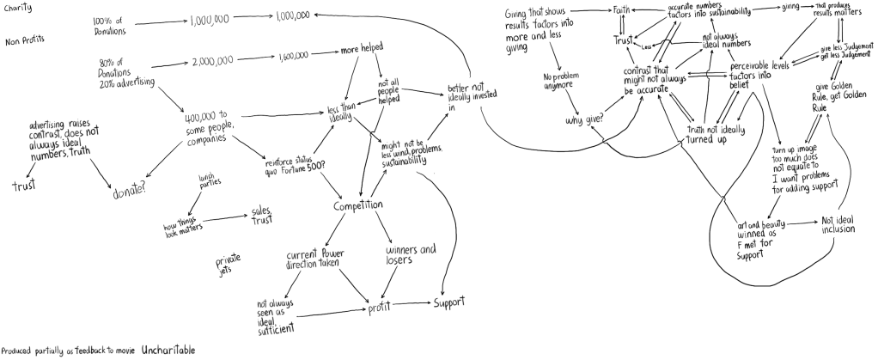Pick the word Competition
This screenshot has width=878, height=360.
(x=358, y=206)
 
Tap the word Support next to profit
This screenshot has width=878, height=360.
(x=448, y=303)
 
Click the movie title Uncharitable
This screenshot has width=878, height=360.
(x=168, y=351)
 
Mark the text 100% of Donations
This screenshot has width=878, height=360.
(x=109, y=25)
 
